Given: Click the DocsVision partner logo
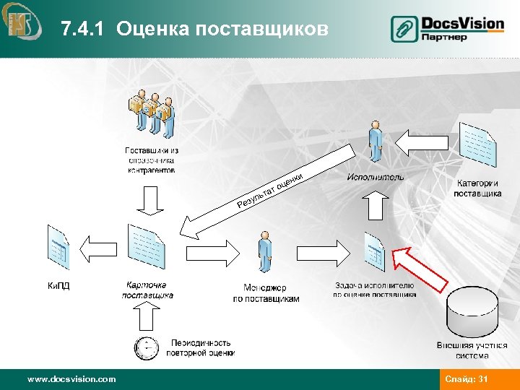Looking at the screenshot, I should pyautogui.click(x=448, y=29).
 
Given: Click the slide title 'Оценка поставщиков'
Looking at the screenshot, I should pyautogui.click(x=195, y=29).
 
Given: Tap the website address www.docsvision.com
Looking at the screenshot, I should pyautogui.click(x=71, y=378).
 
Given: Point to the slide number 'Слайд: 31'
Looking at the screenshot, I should pyautogui.click(x=467, y=378).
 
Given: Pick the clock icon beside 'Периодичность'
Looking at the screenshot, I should pyautogui.click(x=146, y=348).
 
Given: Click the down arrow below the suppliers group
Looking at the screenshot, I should pyautogui.click(x=151, y=201).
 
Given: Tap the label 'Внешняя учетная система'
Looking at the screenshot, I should pyautogui.click(x=473, y=350).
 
